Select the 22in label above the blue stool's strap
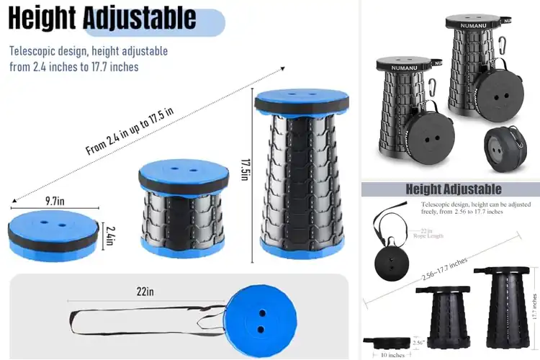click(145, 292)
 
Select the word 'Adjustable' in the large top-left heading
click(140, 17)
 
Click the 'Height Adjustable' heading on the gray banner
click(454, 189)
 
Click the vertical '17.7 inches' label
click(534, 306)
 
